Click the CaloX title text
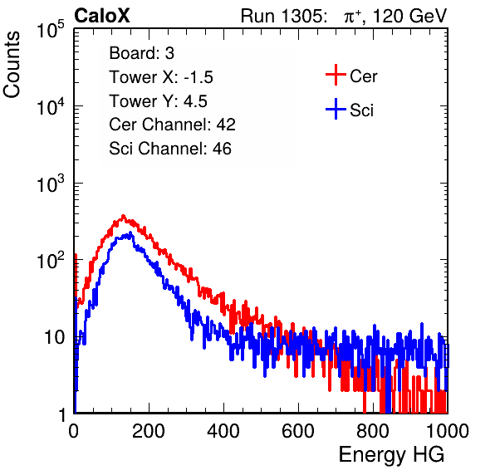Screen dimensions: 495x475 pyautogui.click(x=102, y=16)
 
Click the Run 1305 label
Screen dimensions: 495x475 pyautogui.click(x=283, y=16)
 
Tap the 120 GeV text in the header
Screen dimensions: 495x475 pyautogui.click(x=409, y=16)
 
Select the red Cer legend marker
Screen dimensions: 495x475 pyautogui.click(x=336, y=75)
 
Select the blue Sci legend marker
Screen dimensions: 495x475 pyautogui.click(x=336, y=109)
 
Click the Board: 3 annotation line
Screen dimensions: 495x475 pyautogui.click(x=141, y=53)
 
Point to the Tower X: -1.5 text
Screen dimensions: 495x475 pyautogui.click(x=161, y=77)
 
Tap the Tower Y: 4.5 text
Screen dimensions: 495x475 pyautogui.click(x=158, y=101)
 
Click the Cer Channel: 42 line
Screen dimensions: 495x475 pyautogui.click(x=173, y=125)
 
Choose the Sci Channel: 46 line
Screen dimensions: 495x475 pyautogui.click(x=170, y=149)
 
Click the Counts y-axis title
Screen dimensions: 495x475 pyautogui.click(x=12, y=65)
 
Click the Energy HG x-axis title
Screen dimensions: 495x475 pyautogui.click(x=391, y=455)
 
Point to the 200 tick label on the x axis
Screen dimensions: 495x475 pyautogui.click(x=149, y=431)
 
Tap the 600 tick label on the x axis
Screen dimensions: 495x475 pyautogui.click(x=298, y=431)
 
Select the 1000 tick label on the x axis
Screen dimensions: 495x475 pyautogui.click(x=448, y=431)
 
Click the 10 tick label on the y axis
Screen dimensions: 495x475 pyautogui.click(x=55, y=337)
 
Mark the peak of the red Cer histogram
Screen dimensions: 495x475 pyautogui.click(x=123, y=216)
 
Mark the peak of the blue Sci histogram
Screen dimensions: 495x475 pyautogui.click(x=130, y=233)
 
